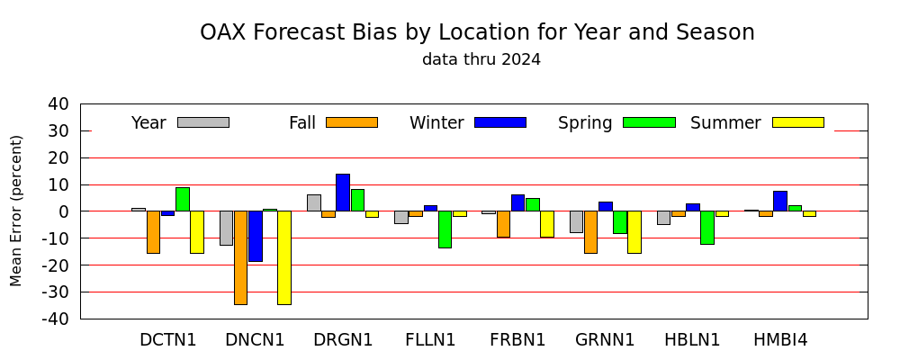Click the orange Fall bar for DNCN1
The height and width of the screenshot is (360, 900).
click(240, 257)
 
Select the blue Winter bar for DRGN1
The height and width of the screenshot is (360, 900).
click(343, 193)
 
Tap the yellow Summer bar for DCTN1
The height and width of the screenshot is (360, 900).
click(197, 232)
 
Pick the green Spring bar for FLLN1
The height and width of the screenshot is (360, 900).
click(445, 229)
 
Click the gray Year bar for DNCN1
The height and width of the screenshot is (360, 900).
click(226, 228)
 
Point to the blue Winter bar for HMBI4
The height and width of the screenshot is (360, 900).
click(780, 201)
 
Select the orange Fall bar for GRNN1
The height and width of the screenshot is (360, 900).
click(590, 232)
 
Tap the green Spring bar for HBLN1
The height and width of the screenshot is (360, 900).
click(707, 228)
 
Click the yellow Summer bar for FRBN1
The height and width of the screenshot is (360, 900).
click(547, 224)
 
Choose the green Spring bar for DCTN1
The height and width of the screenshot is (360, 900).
click(183, 199)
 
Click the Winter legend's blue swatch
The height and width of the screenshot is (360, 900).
click(500, 122)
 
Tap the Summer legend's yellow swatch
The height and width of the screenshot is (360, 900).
click(797, 122)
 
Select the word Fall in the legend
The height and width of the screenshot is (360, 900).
click(302, 123)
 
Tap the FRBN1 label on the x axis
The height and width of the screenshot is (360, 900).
click(517, 340)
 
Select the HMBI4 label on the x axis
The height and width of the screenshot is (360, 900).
click(780, 340)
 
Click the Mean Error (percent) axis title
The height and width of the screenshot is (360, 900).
click(16, 211)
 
